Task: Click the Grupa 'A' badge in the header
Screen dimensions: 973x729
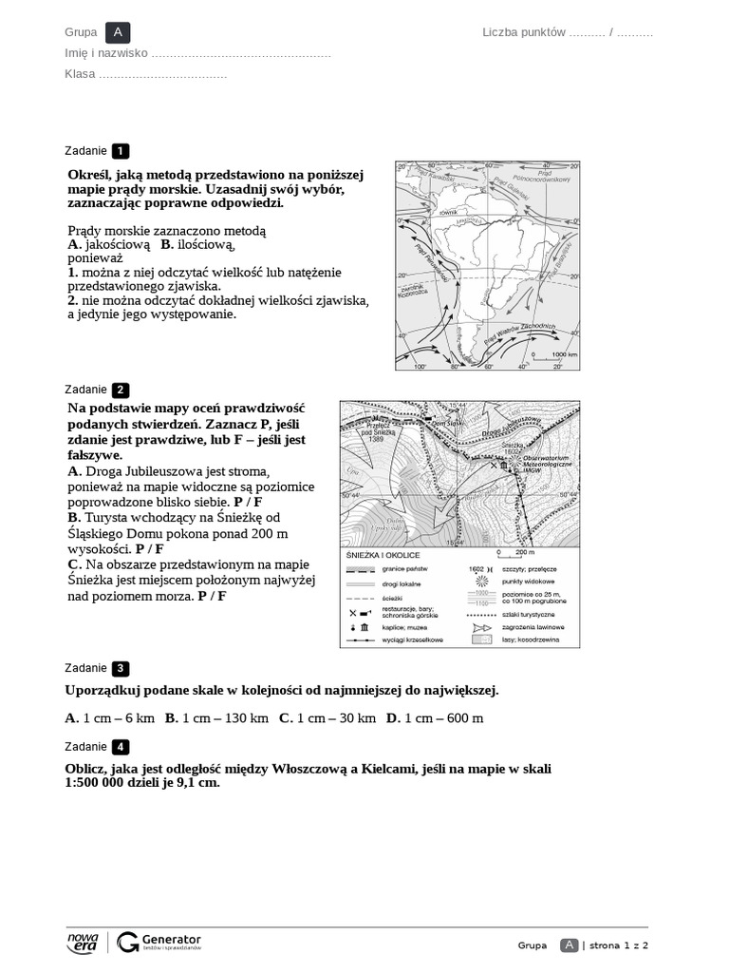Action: coord(118,32)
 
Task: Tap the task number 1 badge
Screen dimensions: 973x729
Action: coord(121,151)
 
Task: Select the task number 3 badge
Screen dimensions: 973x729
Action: coord(121,668)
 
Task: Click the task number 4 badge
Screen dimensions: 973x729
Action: coord(121,747)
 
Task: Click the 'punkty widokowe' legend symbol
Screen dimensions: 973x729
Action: coord(481,581)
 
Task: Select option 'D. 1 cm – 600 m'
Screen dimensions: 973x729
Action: coord(435,718)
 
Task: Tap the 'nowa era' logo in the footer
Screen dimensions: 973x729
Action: coord(83,942)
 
